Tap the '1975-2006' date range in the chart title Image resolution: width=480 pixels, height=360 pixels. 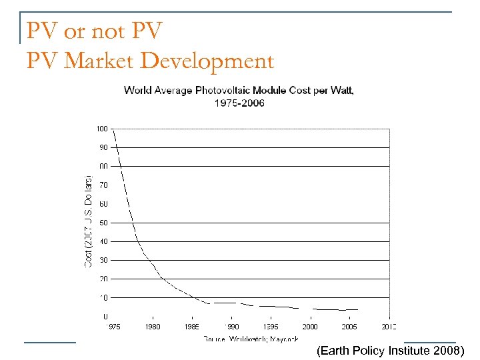pos(239,103)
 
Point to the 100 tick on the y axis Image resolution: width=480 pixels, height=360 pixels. pos(101,128)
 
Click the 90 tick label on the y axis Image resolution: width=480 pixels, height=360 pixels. pos(103,147)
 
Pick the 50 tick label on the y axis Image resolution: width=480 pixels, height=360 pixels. pos(103,223)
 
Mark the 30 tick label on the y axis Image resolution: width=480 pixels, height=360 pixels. pos(103,260)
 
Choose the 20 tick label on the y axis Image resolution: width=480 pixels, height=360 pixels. pos(103,279)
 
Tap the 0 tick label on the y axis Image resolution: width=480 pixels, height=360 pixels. pos(105,316)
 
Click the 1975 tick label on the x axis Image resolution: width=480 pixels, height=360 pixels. pos(114,327)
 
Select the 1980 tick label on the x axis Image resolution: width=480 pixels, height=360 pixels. pos(153,327)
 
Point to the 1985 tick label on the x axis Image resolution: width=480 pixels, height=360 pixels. pos(193,327)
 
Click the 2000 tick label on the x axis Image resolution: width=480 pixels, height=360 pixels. pos(310,327)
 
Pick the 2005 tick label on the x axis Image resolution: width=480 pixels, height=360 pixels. pos(349,327)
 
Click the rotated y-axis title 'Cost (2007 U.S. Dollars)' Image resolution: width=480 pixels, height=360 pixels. pos(87,221)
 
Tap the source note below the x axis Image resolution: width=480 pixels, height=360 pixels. pos(251,339)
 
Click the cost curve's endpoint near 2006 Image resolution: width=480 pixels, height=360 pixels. pos(358,309)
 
